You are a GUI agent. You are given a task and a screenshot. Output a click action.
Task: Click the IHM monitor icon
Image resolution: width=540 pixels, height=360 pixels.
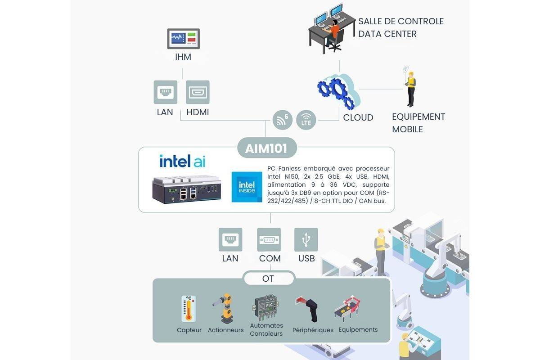pos(184,39)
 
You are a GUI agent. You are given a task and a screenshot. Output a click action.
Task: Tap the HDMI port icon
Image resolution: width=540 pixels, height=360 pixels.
pos(198,92)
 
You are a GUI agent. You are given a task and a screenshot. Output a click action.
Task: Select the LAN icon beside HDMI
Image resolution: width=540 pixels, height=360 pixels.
pos(165,92)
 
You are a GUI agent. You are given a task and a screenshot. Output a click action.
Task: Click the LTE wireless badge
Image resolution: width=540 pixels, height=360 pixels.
pos(306,120)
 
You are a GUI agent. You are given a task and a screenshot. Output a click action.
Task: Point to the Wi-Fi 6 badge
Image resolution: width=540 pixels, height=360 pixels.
pos(282,120)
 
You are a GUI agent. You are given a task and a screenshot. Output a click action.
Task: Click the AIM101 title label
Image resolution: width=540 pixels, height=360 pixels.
pos(266,148)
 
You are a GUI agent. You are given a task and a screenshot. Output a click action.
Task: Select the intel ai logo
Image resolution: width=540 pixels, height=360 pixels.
pos(182,161)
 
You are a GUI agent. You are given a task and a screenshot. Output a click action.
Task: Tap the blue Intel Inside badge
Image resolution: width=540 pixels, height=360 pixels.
pos(246,187)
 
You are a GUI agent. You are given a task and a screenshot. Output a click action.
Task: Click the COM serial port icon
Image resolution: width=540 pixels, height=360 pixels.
pos(270,239)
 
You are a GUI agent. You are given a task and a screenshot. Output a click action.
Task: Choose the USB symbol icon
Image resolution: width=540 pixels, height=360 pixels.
pos(306,239)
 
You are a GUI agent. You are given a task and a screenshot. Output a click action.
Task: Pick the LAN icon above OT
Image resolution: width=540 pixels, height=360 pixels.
pos(230,239)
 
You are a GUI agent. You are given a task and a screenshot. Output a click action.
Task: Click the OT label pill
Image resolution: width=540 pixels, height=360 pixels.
pos(269,279)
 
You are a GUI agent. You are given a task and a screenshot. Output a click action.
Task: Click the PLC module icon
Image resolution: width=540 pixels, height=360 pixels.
pos(266,307)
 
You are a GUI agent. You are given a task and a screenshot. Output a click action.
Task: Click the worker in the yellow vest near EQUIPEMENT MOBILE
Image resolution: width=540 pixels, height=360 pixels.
pos(410,87)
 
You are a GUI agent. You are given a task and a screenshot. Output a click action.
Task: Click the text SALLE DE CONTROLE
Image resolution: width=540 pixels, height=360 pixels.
pos(400,21)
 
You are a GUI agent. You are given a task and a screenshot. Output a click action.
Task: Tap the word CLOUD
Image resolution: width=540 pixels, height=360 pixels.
pos(358,118)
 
